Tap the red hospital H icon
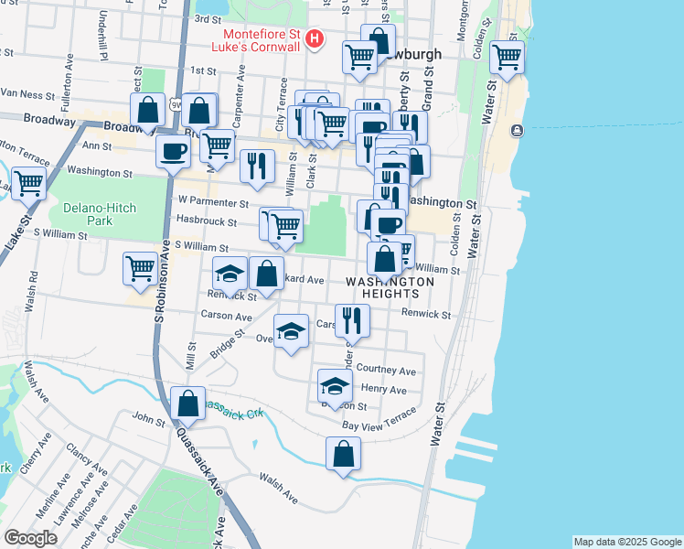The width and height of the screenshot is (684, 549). pyautogui.click(x=315, y=38)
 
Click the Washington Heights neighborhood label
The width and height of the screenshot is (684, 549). pyautogui.click(x=390, y=287)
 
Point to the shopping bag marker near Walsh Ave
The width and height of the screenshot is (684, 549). pyautogui.click(x=343, y=454)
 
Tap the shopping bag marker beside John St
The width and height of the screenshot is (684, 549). pyautogui.click(x=187, y=404)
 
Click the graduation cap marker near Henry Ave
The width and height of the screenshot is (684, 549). pyautogui.click(x=336, y=386)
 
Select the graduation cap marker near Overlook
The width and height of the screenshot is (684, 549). pyautogui.click(x=291, y=332)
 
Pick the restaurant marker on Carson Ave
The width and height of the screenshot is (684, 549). pyautogui.click(x=352, y=320)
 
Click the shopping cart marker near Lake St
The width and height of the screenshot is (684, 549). pyautogui.click(x=28, y=183)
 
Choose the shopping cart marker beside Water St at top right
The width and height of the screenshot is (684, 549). pyautogui.click(x=506, y=58)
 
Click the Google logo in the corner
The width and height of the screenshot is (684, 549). pyautogui.click(x=30, y=538)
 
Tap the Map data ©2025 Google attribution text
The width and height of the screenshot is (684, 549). pyautogui.click(x=626, y=542)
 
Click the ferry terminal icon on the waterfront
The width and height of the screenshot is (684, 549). pyautogui.click(x=517, y=130)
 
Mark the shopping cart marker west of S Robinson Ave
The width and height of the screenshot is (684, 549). pyautogui.click(x=140, y=268)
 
